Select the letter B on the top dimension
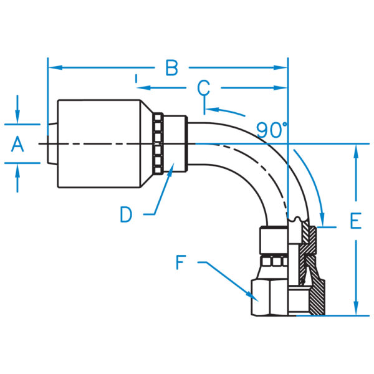pyautogui.click(x=171, y=67)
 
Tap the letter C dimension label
pyautogui.click(x=204, y=88)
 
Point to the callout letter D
pyautogui.click(x=127, y=214)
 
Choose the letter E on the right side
pyautogui.click(x=355, y=221)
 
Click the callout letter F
pyautogui.click(x=181, y=263)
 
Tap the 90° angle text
pyautogui.click(x=272, y=130)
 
